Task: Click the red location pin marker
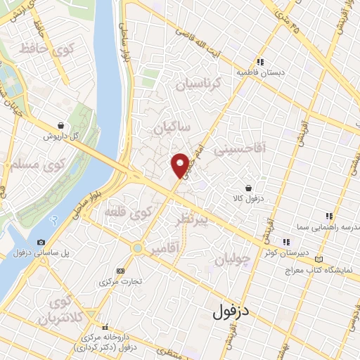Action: pos(181,165)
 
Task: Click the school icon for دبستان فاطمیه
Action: pos(259,62)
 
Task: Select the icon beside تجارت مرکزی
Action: pos(120,270)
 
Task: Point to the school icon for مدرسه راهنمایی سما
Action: pos(328,216)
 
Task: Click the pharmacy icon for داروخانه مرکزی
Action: pos(106,328)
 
